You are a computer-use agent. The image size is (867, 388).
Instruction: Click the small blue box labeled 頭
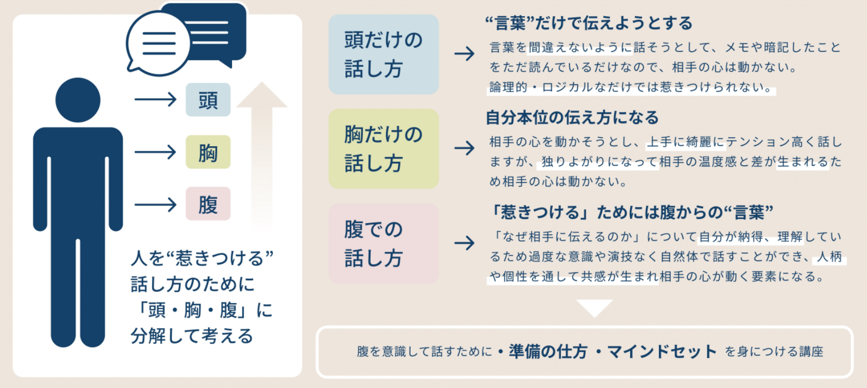[208, 100]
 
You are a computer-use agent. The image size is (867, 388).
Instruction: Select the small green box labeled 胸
[208, 152]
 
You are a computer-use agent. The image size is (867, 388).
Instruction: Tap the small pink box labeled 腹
[208, 204]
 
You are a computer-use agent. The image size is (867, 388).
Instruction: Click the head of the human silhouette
[78, 100]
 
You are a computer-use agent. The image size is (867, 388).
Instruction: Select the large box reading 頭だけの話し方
[384, 54]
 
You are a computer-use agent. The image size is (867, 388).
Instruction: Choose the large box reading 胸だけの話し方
[384, 149]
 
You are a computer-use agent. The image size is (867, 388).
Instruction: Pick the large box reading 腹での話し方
[384, 243]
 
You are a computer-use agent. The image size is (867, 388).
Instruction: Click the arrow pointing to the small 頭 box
[155, 99]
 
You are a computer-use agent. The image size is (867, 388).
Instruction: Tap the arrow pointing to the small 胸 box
[155, 152]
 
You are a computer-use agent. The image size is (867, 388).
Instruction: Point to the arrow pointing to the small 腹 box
[155, 204]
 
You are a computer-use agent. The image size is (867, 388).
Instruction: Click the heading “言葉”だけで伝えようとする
[589, 23]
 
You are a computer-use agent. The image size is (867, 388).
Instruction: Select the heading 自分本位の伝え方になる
[572, 118]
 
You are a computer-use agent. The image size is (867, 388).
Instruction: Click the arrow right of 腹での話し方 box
[464, 243]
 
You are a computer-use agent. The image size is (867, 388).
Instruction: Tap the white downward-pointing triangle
[594, 307]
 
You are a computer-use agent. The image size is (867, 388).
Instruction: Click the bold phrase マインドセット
[662, 352]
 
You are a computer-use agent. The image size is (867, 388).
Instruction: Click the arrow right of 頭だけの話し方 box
[464, 54]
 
